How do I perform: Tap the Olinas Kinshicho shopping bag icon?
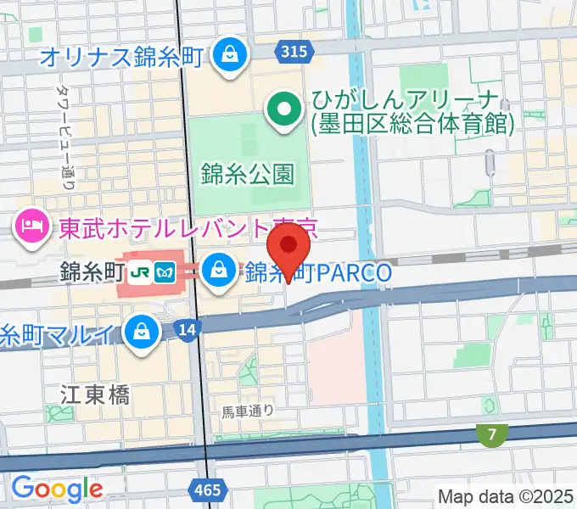pyautogui.click(x=228, y=57)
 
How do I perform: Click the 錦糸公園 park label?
pyautogui.click(x=248, y=175)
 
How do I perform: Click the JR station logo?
pyautogui.click(x=139, y=272)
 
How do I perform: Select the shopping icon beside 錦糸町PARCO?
pyautogui.click(x=219, y=271)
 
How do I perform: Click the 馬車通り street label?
pyautogui.click(x=247, y=411)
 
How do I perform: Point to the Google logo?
pyautogui.click(x=57, y=489)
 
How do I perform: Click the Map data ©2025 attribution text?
pyautogui.click(x=506, y=496)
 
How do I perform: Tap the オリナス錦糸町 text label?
pyautogui.click(x=123, y=58)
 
